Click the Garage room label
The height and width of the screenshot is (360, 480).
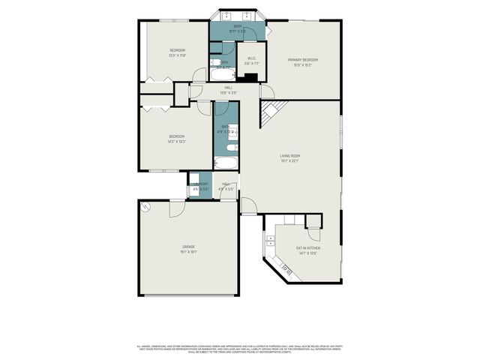188,246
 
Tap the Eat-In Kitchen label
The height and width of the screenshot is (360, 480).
307,248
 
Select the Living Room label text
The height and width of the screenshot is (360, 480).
289,155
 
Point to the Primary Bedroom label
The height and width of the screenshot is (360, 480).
304,59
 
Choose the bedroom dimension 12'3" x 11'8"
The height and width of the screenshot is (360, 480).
177,55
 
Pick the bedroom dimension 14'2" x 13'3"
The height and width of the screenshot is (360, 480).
176,141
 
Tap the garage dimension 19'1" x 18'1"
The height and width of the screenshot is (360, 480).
188,252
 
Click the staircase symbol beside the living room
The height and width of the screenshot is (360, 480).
269,115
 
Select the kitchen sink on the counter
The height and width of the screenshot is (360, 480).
269,240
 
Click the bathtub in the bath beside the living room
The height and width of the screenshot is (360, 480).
227,163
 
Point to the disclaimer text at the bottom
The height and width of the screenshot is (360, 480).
240,348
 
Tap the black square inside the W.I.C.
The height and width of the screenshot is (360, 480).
251,76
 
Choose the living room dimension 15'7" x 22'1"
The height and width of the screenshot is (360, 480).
289,160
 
